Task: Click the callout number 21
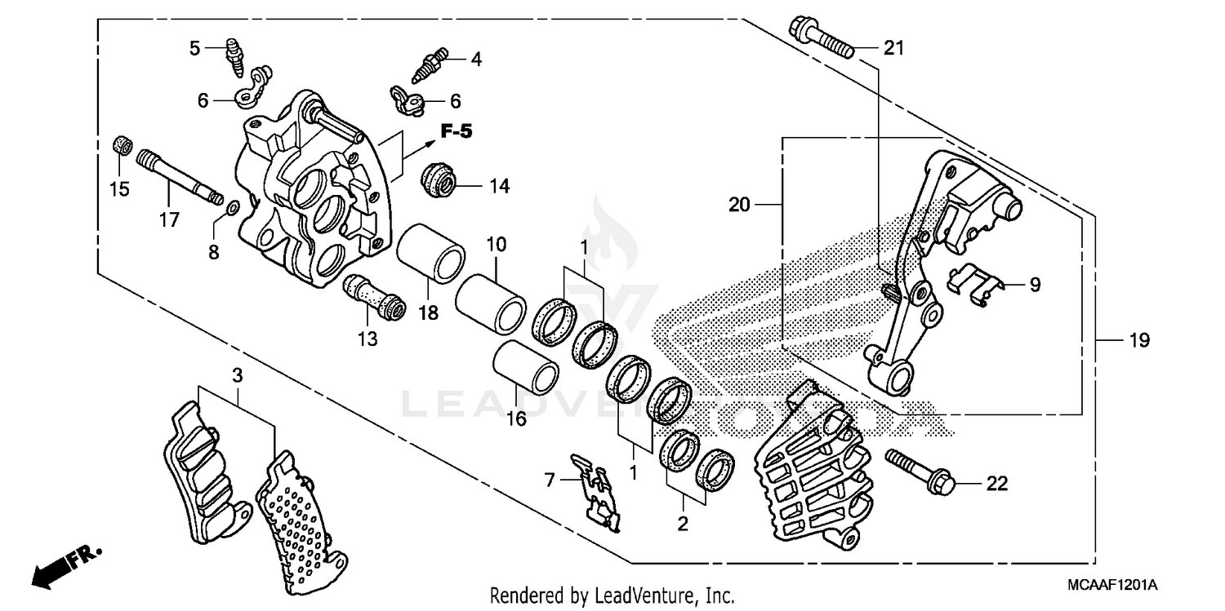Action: (x=894, y=49)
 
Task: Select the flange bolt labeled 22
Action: (x=918, y=472)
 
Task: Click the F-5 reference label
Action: (x=457, y=131)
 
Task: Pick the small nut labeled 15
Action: (x=121, y=147)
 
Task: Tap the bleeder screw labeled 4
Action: (x=433, y=64)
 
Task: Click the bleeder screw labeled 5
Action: (x=234, y=57)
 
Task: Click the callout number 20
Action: (x=739, y=206)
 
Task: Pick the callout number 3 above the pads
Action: (x=237, y=375)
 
